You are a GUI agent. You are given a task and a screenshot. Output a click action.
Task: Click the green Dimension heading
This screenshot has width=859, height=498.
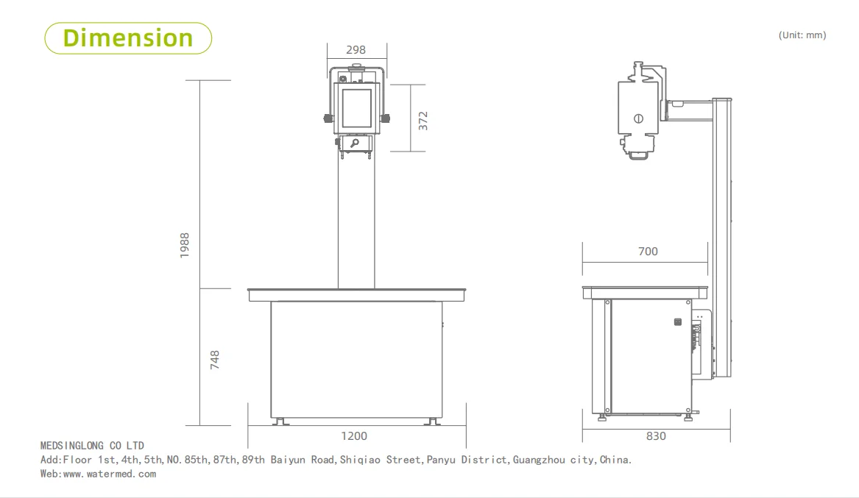click(x=128, y=38)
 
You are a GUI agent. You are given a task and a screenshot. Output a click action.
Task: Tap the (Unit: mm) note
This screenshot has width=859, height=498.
click(x=802, y=35)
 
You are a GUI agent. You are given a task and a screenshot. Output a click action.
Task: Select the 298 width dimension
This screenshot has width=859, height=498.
click(x=356, y=50)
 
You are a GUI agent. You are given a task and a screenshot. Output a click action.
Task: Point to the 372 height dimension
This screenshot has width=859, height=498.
click(x=423, y=121)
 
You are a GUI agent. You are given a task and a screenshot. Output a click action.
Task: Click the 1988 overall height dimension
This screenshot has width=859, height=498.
click(x=185, y=245)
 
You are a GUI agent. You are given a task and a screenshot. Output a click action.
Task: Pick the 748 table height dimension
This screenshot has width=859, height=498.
click(x=215, y=360)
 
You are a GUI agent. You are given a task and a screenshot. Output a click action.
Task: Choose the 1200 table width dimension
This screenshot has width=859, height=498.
click(x=354, y=436)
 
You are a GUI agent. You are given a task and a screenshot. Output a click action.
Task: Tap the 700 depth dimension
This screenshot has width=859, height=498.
click(x=648, y=251)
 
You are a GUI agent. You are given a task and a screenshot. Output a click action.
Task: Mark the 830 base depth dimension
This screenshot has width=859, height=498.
click(x=656, y=436)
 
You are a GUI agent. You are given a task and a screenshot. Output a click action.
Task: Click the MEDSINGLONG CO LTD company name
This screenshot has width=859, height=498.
click(x=92, y=446)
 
